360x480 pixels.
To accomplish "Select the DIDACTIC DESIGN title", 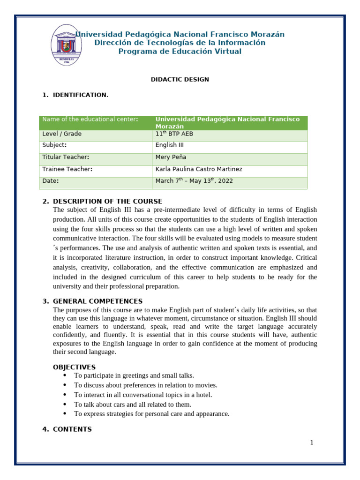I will point(180,79).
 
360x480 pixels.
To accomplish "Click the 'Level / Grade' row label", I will point(62,134).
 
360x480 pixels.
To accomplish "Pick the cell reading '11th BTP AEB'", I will point(172,134).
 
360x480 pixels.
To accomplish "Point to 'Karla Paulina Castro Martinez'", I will point(199,169).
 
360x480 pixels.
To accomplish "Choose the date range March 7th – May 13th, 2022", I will point(194,181).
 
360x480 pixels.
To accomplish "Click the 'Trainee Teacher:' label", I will point(67,169).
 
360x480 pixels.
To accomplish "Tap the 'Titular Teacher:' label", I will point(66,157).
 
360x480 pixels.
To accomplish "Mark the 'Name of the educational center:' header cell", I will point(90,120).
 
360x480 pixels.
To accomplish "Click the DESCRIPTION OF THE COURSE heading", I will point(107,201).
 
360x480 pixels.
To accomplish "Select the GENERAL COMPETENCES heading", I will point(97,301).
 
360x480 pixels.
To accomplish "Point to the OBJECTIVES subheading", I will point(74,367).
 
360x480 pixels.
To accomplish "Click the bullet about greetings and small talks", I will point(134,375).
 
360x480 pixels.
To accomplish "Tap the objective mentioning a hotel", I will point(143,395).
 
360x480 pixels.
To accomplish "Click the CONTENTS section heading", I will point(72,429).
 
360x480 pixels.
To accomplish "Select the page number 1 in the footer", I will point(311,443).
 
